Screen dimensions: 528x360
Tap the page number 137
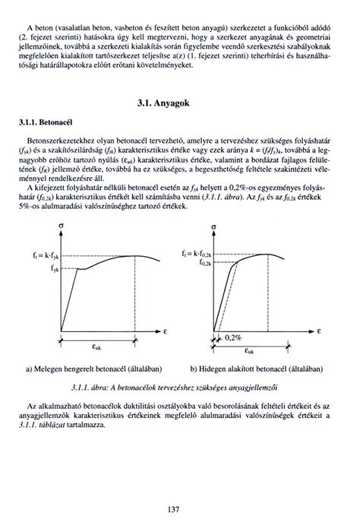pos(180,507)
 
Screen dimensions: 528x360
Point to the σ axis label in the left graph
pos(60,227)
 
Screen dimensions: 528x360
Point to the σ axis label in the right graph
pos(215,227)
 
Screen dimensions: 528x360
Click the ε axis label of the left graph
pos(165,332)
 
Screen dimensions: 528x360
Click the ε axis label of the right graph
pos(320,332)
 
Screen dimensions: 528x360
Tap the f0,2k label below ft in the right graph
pos(202,262)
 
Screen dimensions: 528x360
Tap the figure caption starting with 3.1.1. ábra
pos(180,385)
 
